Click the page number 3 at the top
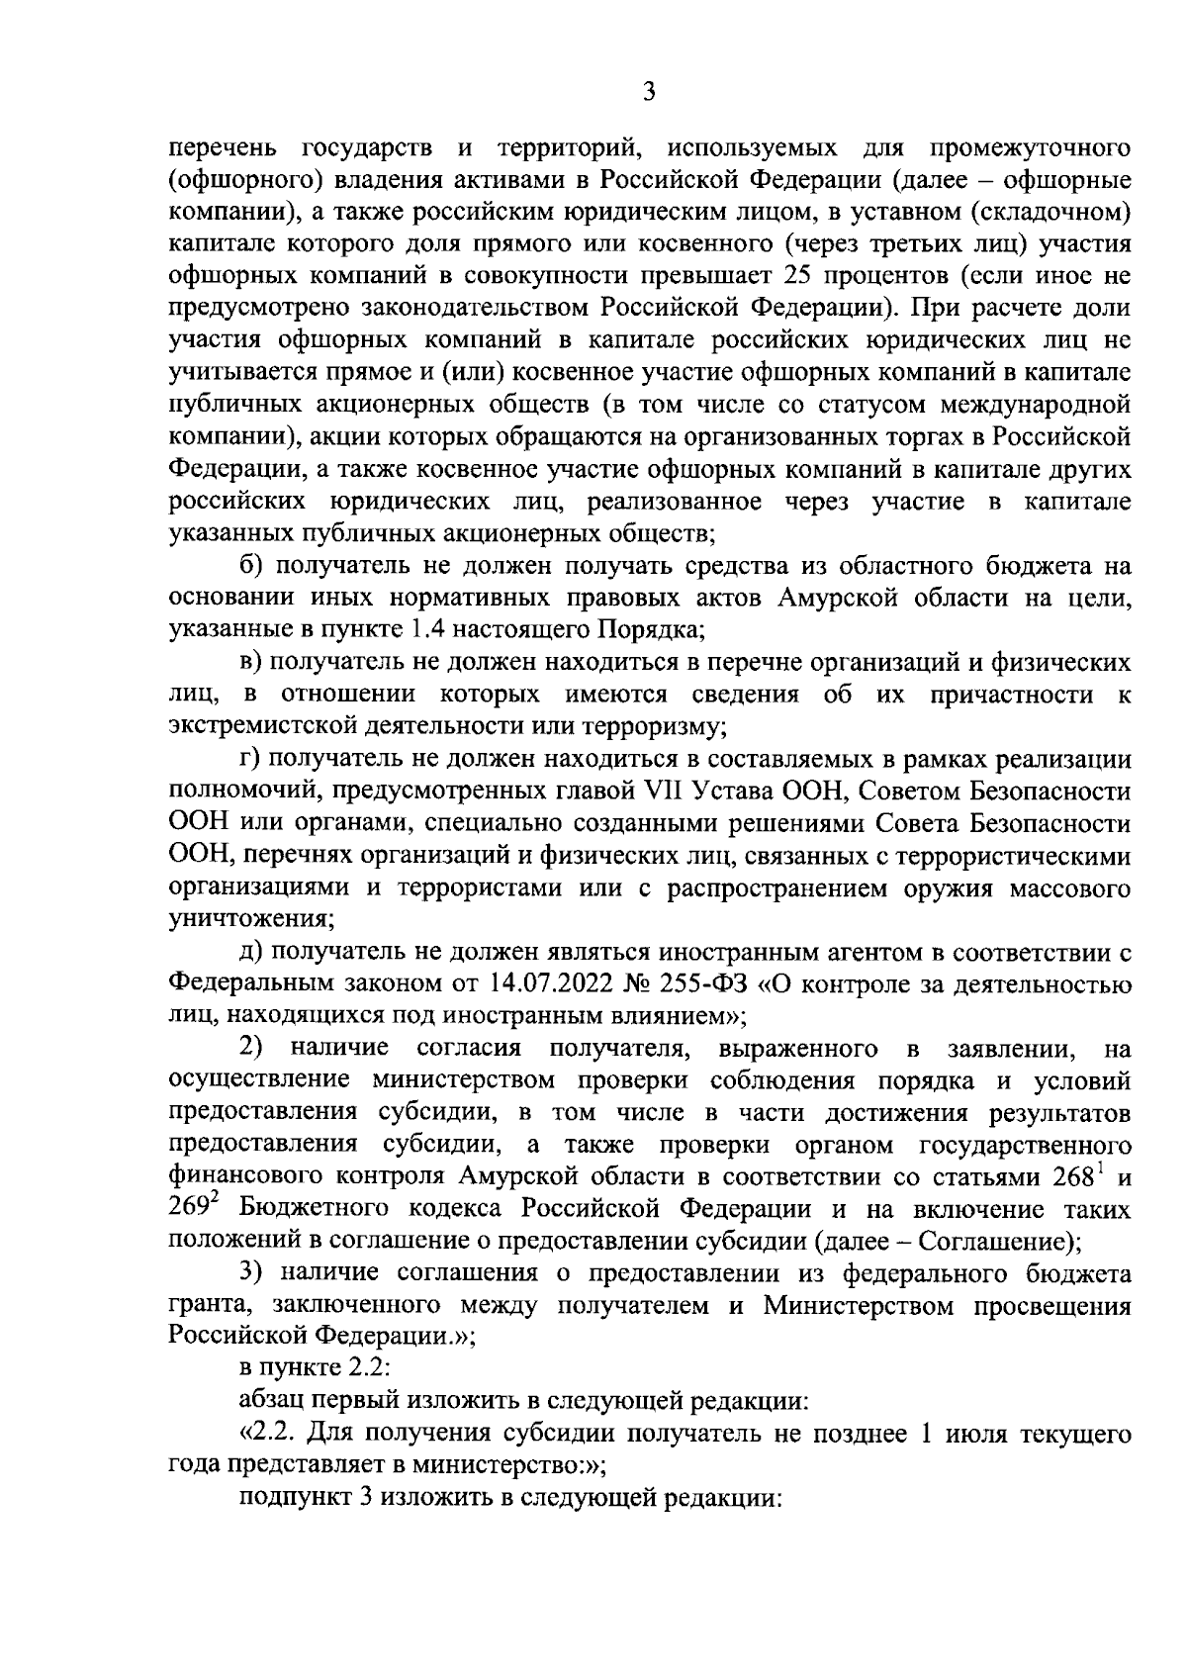pyautogui.click(x=649, y=93)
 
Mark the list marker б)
pyautogui.click(x=253, y=566)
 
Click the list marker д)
pyautogui.click(x=253, y=952)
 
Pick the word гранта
pyautogui.click(x=207, y=1307)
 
